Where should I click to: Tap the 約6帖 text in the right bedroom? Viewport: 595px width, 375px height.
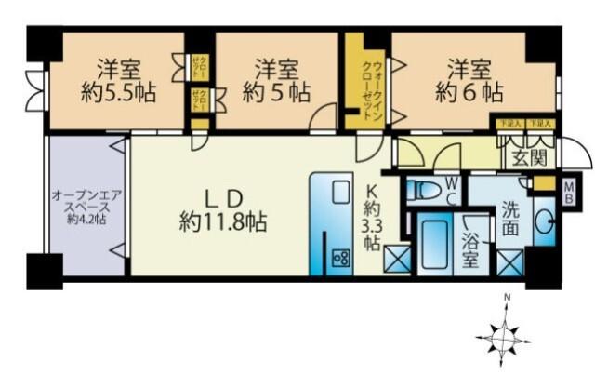pos(469,93)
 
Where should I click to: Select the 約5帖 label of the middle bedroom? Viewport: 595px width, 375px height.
pos(277,93)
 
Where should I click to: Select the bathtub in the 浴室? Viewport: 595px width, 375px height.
pos(434,245)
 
